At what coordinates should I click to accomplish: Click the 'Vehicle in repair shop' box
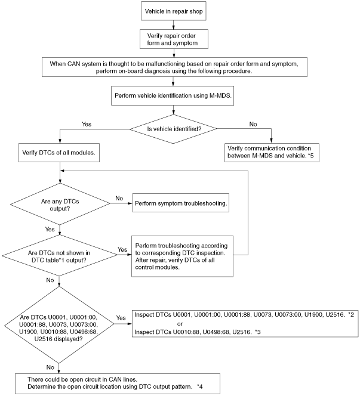173,11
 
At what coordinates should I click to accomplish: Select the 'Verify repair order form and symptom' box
174,39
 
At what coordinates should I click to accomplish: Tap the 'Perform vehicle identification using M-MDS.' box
173,95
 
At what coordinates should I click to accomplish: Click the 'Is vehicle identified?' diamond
173,129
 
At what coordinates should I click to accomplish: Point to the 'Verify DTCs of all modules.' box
59,153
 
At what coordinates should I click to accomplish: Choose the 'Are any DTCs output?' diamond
60,204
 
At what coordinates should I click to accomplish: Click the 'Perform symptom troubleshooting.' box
180,203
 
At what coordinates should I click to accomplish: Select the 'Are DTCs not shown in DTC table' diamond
60,256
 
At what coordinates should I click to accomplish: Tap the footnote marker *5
310,156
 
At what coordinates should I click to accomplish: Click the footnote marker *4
200,386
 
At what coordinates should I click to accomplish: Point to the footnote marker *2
351,315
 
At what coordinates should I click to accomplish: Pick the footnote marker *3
258,332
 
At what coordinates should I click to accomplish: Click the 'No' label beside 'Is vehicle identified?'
253,124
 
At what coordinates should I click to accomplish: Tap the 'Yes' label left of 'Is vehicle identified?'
87,124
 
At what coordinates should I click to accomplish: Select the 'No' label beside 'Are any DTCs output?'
119,198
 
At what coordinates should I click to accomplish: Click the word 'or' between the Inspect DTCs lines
180,324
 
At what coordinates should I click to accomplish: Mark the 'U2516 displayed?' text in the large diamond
59,339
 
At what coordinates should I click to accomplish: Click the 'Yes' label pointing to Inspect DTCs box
121,318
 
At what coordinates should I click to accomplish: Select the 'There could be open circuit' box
118,383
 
